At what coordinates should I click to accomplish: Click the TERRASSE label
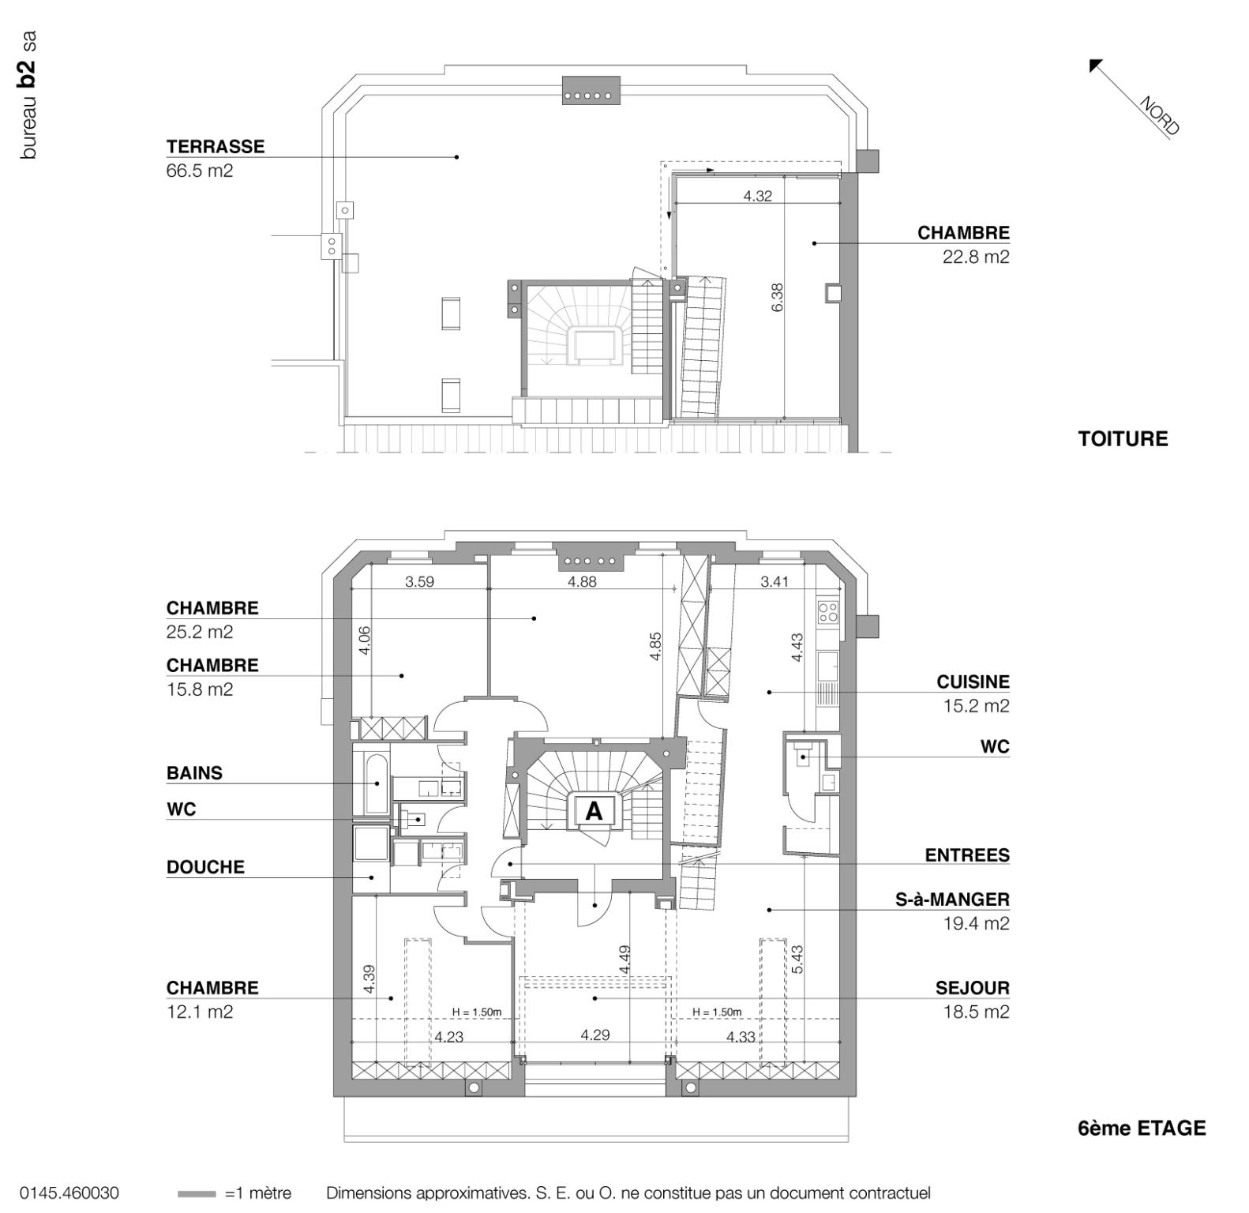[x=215, y=147]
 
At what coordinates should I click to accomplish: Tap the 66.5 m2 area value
[x=199, y=171]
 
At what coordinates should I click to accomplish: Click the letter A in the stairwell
[x=593, y=810]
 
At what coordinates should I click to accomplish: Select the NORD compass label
[x=1159, y=115]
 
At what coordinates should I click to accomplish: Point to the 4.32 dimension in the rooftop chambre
[x=757, y=196]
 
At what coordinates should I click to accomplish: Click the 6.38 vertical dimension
[x=778, y=297]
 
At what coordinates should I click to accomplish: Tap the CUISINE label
[x=973, y=682]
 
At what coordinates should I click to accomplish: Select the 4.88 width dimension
[x=582, y=582]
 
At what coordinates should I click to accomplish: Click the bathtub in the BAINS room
[x=375, y=784]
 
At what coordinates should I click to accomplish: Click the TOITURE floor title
[x=1123, y=439]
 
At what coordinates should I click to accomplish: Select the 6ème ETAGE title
[x=1141, y=1129]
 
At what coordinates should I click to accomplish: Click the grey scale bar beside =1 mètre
[x=197, y=1193]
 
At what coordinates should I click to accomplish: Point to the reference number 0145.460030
[x=69, y=1192]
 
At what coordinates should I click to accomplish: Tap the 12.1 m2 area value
[x=199, y=1012]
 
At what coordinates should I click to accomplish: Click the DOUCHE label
[x=205, y=867]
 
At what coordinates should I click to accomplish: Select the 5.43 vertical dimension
[x=797, y=960]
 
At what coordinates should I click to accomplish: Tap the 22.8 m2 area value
[x=975, y=257]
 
